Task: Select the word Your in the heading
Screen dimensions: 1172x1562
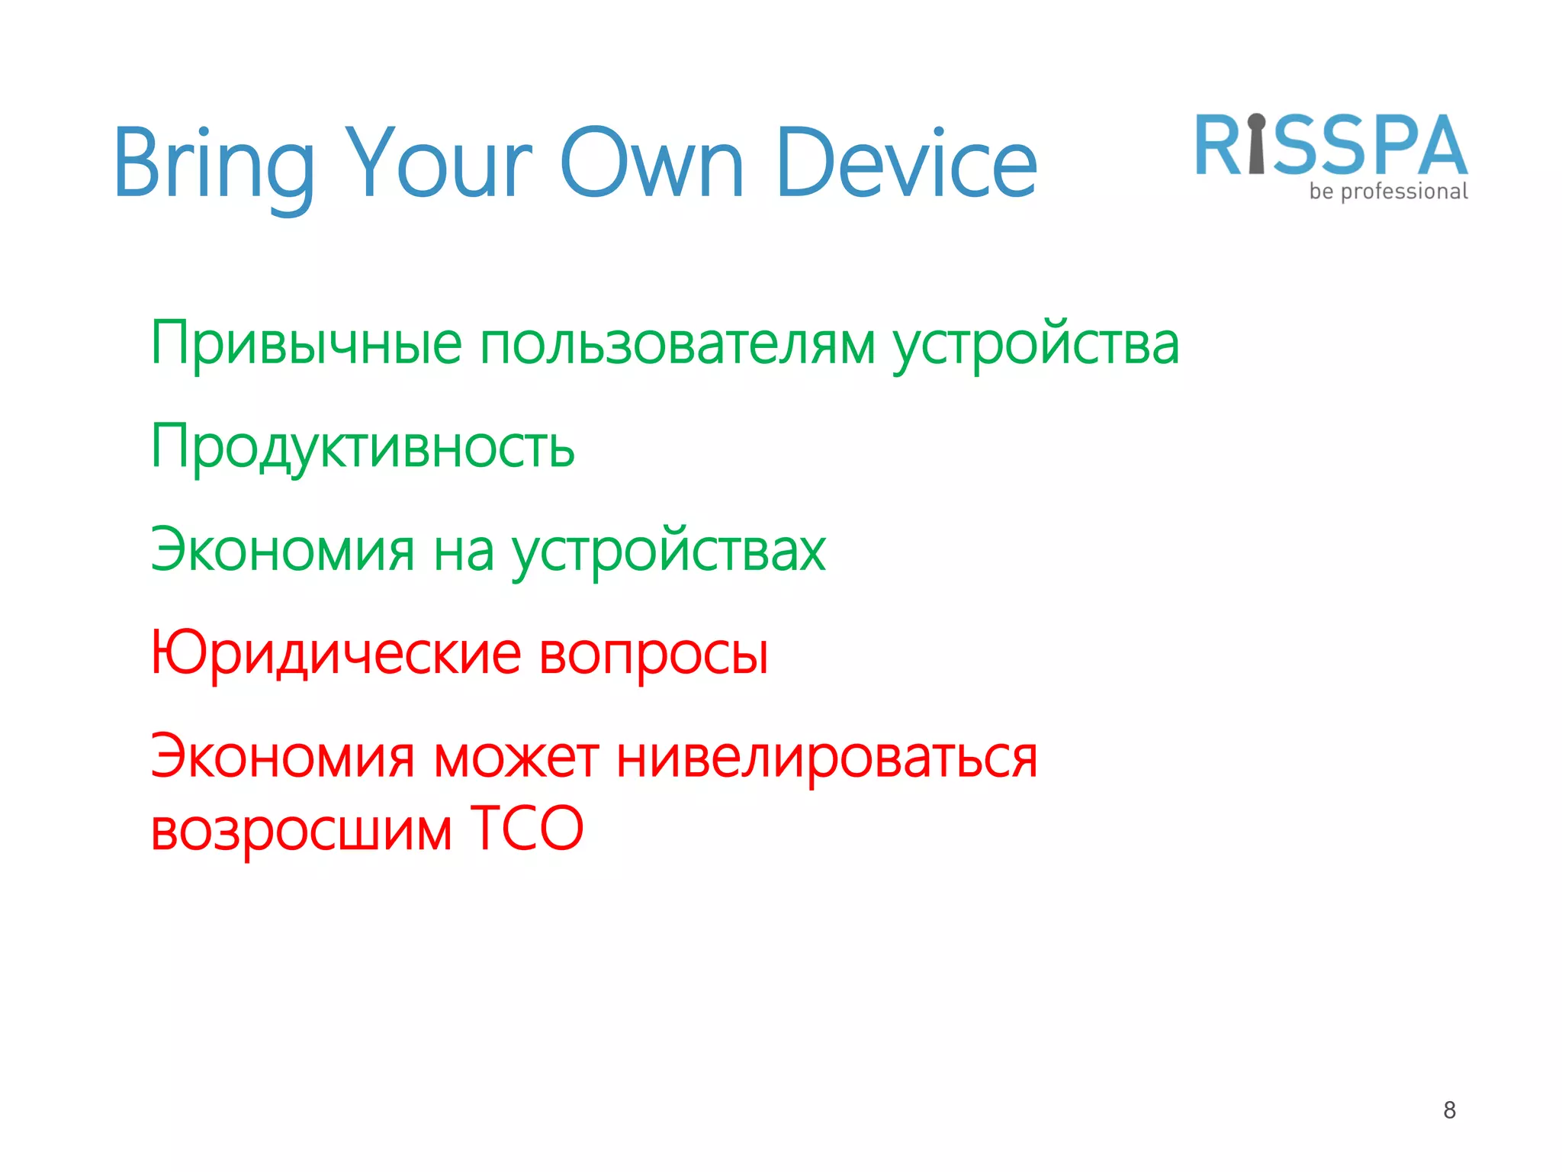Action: [439, 164]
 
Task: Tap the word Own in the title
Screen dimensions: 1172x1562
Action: [652, 164]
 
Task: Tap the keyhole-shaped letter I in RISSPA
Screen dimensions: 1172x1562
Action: [1256, 145]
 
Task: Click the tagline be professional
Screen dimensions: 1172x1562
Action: [1388, 192]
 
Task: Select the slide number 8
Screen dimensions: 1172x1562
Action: [1449, 1110]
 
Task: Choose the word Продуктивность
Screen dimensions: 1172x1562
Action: [362, 448]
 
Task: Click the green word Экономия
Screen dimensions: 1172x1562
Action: [283, 550]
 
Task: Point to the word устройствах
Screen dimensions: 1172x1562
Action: [668, 552]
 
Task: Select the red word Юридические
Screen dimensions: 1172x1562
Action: [336, 654]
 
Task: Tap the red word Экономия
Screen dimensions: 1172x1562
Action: [283, 758]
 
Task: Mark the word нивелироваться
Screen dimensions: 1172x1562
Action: [827, 758]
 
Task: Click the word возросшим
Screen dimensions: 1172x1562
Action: [301, 829]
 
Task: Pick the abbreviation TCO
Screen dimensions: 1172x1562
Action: [526, 828]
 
